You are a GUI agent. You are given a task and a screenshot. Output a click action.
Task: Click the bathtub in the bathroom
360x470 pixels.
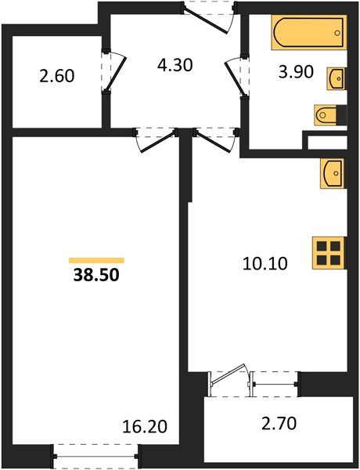tap(309, 32)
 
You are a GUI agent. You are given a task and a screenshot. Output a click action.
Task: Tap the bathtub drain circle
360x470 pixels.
tap(337, 33)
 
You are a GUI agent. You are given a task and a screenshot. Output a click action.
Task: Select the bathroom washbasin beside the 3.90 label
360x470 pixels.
tap(336, 78)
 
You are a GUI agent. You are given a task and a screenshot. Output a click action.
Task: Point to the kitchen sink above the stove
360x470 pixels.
tap(332, 174)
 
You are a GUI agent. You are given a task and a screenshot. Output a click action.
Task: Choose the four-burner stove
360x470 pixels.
tap(329, 253)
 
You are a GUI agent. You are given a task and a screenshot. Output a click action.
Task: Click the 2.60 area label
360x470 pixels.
tap(56, 76)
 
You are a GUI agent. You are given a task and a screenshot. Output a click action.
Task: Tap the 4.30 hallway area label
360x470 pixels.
tap(175, 65)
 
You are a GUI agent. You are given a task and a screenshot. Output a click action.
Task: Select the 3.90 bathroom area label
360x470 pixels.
tap(296, 72)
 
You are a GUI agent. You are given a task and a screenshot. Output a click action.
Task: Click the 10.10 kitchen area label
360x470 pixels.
tap(265, 264)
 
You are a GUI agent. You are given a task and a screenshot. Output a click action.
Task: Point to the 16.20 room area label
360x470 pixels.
tap(145, 427)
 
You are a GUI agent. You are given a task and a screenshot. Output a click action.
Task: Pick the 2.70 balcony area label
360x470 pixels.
tap(279, 424)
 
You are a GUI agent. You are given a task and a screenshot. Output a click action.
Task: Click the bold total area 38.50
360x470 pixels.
tap(96, 275)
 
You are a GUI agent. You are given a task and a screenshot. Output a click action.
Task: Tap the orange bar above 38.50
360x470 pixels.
tap(96, 260)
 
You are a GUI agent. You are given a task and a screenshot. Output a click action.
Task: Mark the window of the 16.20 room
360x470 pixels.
tap(95, 457)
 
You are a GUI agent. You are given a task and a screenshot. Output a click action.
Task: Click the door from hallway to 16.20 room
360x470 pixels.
tap(156, 140)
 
